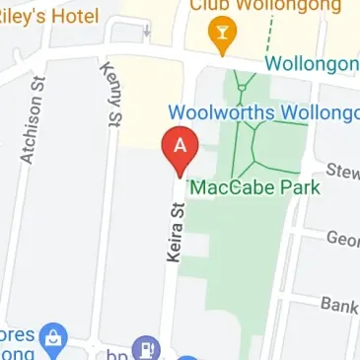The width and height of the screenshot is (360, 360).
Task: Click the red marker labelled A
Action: pos(180,151)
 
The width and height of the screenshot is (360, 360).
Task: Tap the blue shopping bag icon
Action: pos(57,337)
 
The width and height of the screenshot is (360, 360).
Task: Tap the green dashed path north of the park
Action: pos(267,39)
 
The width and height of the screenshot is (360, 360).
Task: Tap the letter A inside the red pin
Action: pos(180,145)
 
